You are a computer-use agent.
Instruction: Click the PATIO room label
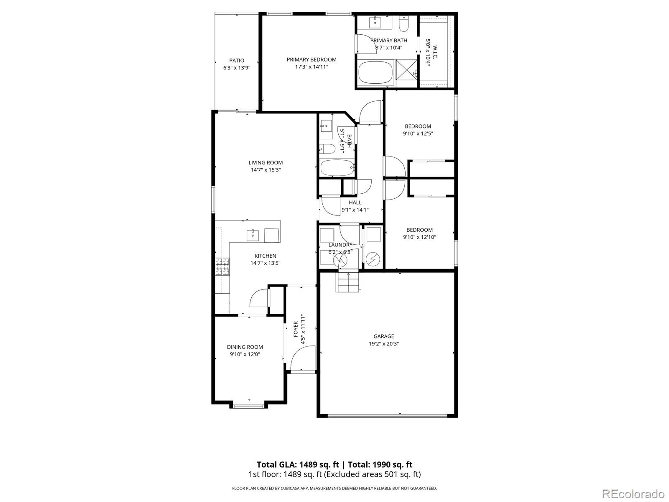tap(236, 61)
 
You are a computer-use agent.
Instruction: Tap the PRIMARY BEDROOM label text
tap(312, 59)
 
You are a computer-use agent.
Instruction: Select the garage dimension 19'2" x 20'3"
tap(384, 343)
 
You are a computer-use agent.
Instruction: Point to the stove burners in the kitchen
tap(222, 266)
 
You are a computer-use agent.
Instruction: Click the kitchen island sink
tap(253, 235)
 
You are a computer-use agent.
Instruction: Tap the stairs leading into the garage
tap(348, 282)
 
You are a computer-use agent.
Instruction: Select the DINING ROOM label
tap(245, 347)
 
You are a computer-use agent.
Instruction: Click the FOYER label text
tap(296, 329)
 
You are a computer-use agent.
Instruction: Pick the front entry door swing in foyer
tap(302, 360)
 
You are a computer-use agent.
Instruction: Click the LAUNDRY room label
tap(340, 245)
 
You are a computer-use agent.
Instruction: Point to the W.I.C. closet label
tap(435, 52)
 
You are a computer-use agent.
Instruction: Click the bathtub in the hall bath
tap(337, 169)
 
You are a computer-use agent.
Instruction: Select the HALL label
tap(355, 202)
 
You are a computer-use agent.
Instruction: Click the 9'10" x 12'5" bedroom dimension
tap(418, 134)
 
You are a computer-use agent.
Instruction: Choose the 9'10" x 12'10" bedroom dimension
tap(419, 237)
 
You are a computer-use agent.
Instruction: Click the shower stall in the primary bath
tap(407, 73)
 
